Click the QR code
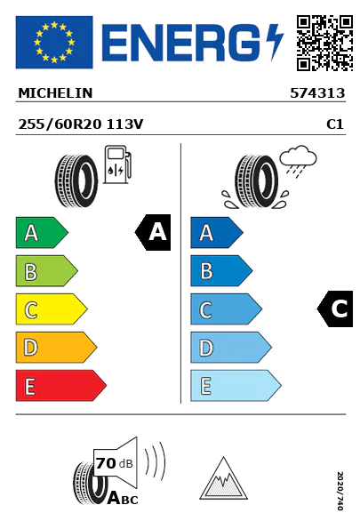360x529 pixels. [x=324, y=43]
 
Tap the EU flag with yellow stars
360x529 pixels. [x=54, y=42]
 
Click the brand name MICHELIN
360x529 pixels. [x=55, y=93]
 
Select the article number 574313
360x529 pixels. [x=317, y=93]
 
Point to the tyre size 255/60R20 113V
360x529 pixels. [x=81, y=124]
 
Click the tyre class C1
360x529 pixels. [x=335, y=124]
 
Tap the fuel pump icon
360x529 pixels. [x=117, y=164]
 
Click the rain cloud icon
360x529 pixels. [x=299, y=161]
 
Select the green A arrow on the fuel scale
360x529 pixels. [x=42, y=232]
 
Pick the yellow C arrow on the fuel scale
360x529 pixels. [x=52, y=309]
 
